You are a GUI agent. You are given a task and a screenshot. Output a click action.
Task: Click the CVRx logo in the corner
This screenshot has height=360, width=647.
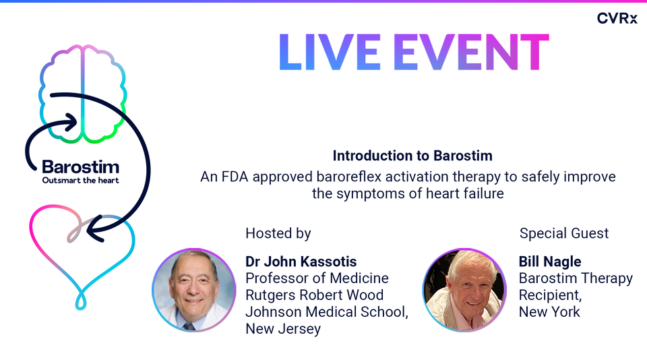click(x=617, y=19)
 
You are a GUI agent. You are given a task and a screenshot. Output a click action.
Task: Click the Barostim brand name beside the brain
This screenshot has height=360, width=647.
click(x=80, y=167)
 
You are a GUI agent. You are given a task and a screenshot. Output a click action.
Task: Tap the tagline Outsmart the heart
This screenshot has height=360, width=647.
click(x=80, y=181)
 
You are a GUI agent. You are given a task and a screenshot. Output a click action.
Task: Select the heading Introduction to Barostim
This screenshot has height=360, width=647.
click(x=412, y=156)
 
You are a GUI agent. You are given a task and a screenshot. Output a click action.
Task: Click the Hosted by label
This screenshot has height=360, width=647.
click(x=278, y=233)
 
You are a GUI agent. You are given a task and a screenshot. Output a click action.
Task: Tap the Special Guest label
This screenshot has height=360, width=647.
click(x=564, y=233)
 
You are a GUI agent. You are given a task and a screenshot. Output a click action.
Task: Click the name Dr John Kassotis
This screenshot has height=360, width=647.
click(x=301, y=262)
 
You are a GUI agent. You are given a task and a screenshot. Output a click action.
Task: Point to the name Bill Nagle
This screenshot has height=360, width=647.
click(x=549, y=262)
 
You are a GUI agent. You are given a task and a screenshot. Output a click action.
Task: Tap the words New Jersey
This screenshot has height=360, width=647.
click(x=282, y=329)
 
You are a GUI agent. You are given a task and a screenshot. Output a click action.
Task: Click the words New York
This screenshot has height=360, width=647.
click(x=549, y=312)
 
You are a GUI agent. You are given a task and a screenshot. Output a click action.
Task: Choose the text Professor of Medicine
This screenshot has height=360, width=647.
click(x=317, y=278)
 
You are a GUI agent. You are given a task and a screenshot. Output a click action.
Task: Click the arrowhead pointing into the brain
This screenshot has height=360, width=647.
click(x=72, y=123)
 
